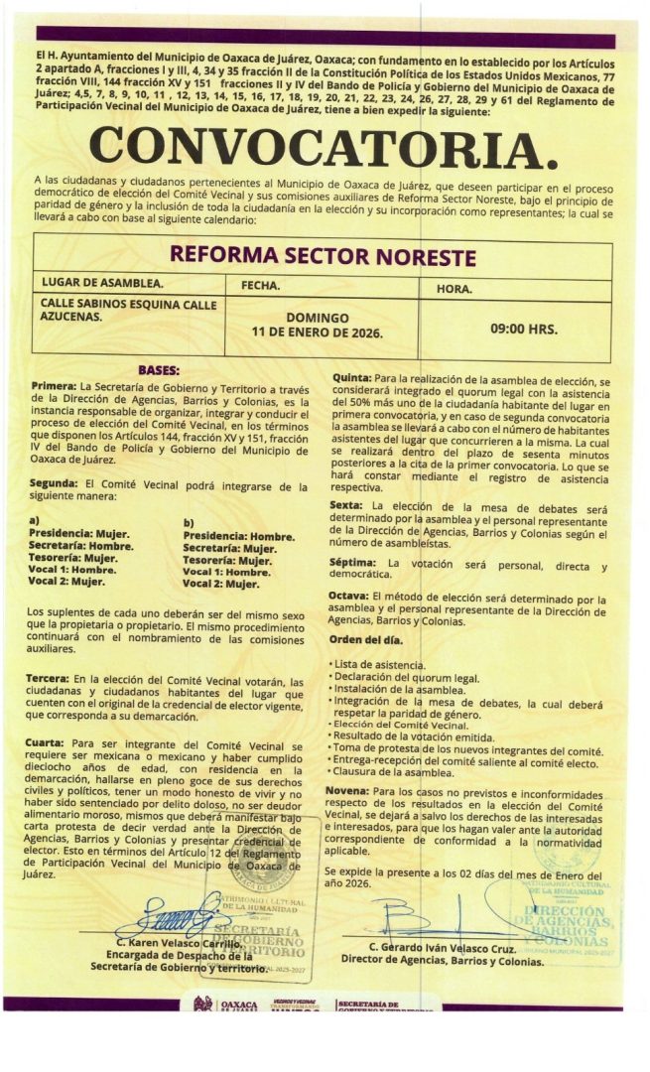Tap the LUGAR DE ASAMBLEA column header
tap(103, 286)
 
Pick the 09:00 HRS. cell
tap(523, 328)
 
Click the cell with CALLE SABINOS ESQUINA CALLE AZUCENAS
tap(128, 310)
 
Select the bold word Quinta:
tap(351, 379)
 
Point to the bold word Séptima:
tap(354, 564)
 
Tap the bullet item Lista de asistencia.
tap(380, 665)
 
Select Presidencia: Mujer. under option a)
tap(79, 533)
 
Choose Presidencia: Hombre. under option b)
tap(239, 536)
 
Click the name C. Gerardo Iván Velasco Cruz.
tap(440, 947)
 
